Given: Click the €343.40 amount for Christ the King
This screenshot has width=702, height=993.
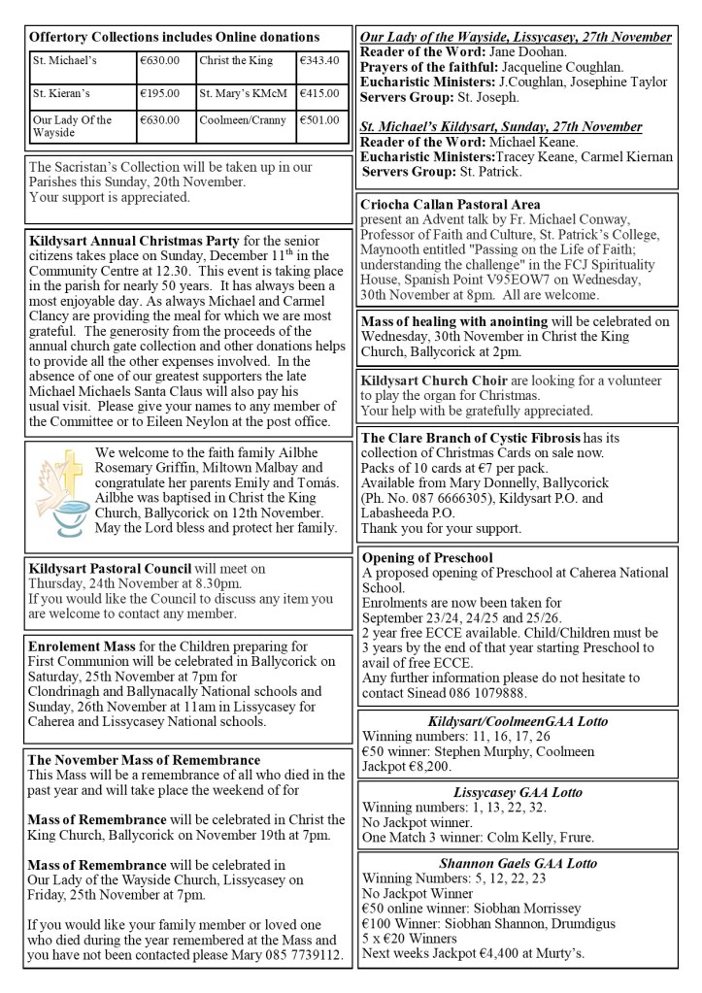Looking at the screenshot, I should coord(319,60).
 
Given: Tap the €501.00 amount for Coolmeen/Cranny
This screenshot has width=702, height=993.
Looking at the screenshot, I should coord(319,120).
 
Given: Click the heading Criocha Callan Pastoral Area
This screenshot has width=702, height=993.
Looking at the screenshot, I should coord(451,205).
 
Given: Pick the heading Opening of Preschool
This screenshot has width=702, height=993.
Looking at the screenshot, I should coord(426,557).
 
